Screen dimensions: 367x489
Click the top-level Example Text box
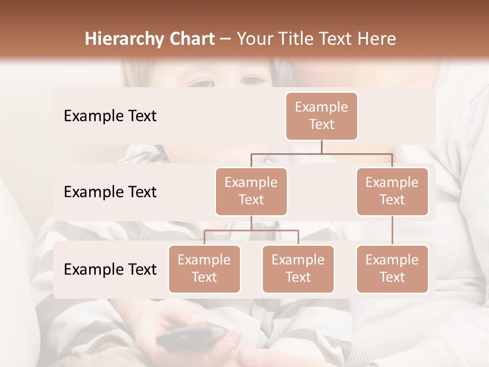click(321, 116)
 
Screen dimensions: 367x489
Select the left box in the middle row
click(251, 191)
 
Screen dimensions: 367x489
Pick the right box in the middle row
click(392, 191)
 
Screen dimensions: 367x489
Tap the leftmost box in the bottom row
click(204, 269)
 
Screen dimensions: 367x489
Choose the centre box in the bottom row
click(298, 269)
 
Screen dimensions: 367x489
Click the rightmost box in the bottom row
click(392, 269)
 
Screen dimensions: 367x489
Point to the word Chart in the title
click(191, 39)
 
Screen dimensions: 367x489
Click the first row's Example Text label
click(110, 116)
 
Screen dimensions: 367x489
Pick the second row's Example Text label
click(110, 192)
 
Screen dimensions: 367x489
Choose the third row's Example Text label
click(110, 269)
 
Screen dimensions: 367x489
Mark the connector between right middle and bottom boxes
click(392, 230)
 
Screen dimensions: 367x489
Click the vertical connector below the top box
click(321, 147)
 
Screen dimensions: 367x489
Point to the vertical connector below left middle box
click(251, 223)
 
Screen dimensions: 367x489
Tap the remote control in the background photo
click(191, 336)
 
